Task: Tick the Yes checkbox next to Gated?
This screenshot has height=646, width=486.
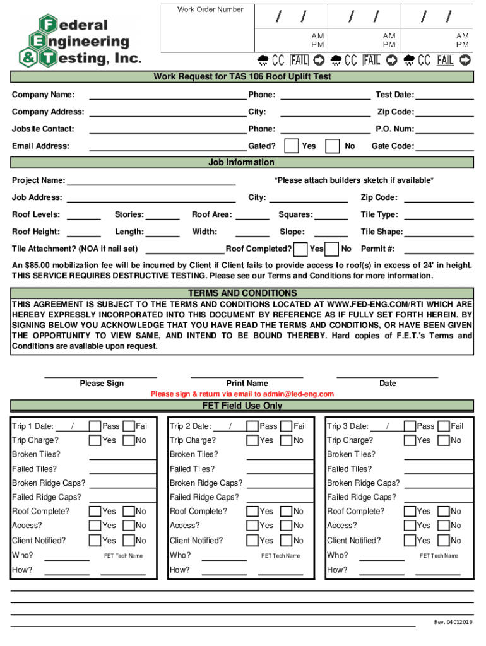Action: pos(292,146)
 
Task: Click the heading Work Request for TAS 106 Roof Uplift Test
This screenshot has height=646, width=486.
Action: pos(242,77)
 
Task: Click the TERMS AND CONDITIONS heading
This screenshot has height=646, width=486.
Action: pos(242,293)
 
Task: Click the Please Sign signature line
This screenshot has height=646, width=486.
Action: pos(101,376)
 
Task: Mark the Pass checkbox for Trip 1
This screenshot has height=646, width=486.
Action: pos(95,426)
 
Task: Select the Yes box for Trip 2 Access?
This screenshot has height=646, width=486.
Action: pos(252,525)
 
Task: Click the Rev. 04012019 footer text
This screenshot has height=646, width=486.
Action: pos(453,623)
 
